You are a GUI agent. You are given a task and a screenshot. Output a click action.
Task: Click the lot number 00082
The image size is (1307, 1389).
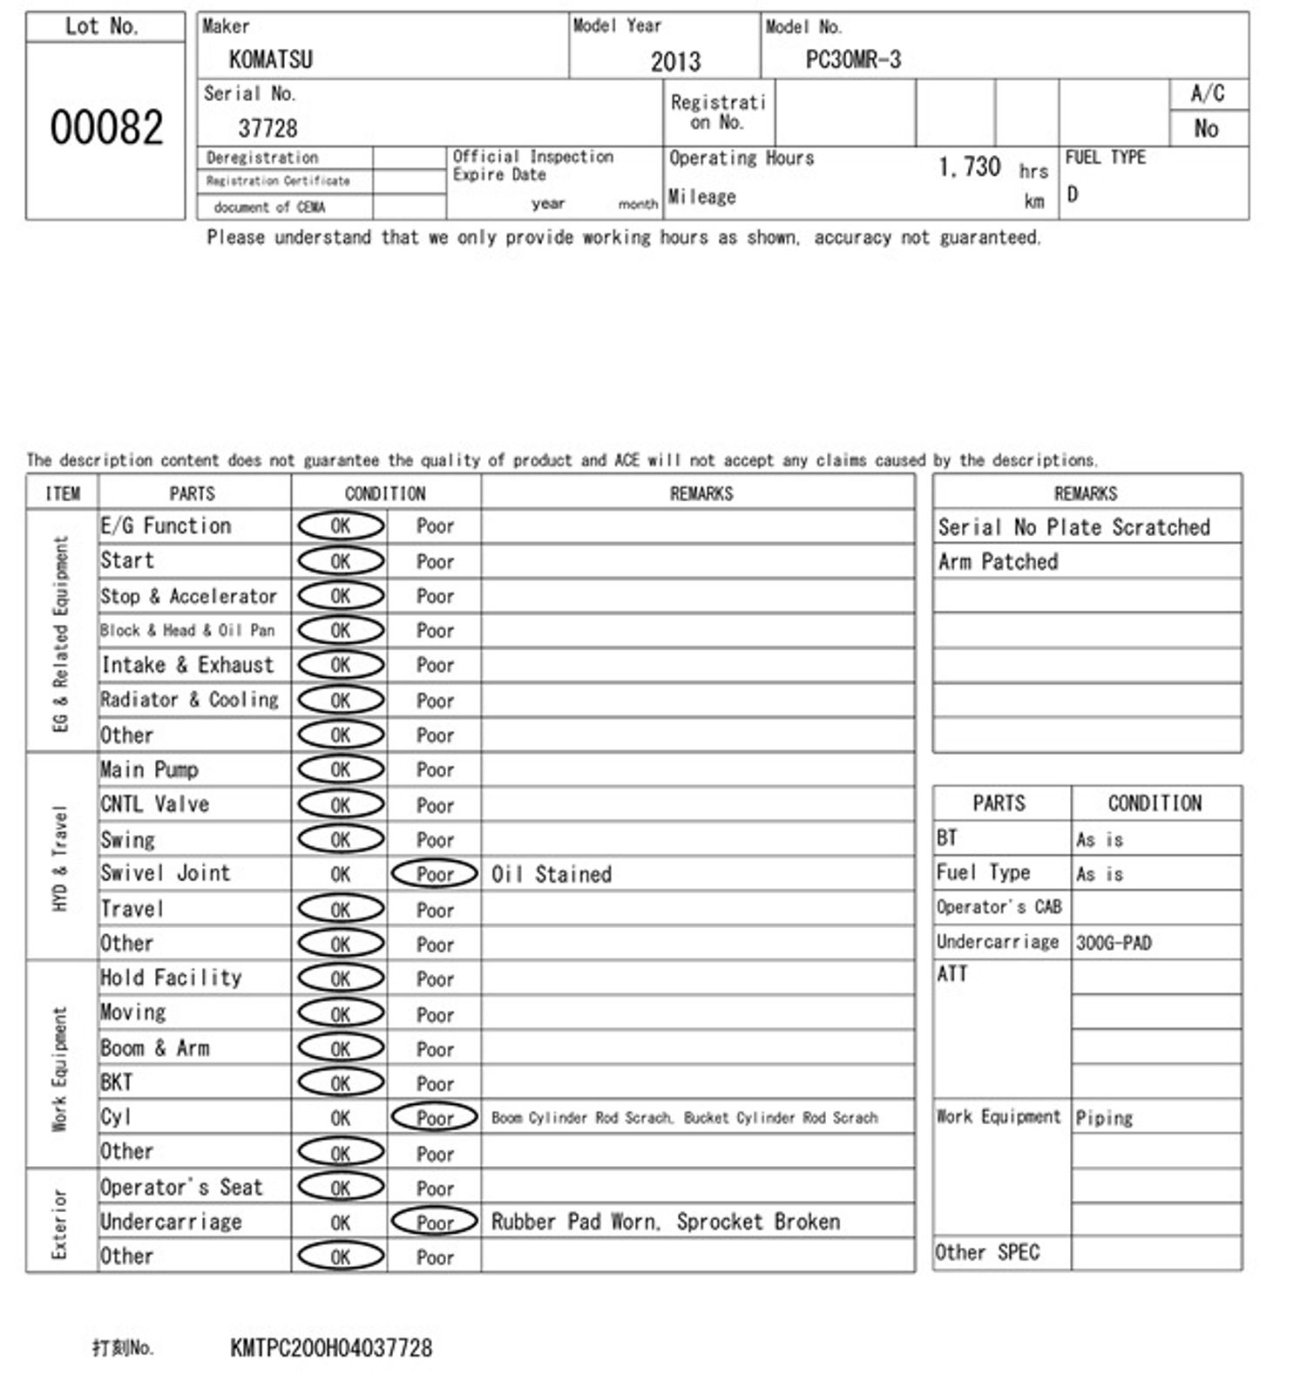click(x=106, y=127)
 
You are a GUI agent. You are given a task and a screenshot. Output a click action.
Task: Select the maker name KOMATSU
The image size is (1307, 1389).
click(x=270, y=59)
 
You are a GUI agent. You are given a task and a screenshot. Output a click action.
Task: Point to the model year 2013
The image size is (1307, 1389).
click(x=675, y=61)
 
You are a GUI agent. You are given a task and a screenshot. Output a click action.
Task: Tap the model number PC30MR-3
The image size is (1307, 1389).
click(x=853, y=59)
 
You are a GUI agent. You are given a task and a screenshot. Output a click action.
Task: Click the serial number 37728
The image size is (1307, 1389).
click(x=267, y=128)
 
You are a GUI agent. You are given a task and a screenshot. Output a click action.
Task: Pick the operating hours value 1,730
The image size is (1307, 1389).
click(x=969, y=166)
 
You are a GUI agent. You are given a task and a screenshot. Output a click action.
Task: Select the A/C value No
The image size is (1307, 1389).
click(x=1206, y=129)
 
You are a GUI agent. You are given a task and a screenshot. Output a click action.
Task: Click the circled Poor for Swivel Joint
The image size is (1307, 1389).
click(x=435, y=874)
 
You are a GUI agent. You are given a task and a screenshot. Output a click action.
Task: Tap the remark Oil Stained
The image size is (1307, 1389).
click(x=552, y=874)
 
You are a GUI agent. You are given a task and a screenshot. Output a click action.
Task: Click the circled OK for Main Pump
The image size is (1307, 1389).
click(x=341, y=769)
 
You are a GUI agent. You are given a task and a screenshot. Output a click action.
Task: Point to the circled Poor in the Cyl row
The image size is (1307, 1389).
click(x=435, y=1117)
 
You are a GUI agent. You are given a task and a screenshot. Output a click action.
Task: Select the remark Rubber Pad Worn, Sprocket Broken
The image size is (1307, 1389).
click(x=666, y=1222)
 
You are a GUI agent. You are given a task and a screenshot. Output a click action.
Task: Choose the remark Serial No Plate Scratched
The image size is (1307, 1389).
click(x=1073, y=527)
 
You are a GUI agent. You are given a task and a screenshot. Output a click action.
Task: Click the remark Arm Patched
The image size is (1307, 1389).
click(x=998, y=562)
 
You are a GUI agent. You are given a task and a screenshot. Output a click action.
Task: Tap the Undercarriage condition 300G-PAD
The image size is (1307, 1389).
click(x=1114, y=943)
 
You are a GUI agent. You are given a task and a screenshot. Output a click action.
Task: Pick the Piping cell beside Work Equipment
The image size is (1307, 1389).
click(x=1104, y=1117)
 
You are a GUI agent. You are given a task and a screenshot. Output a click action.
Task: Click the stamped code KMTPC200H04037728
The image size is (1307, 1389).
click(x=331, y=1348)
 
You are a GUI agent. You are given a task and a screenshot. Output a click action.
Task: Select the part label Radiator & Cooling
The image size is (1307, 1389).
click(x=189, y=700)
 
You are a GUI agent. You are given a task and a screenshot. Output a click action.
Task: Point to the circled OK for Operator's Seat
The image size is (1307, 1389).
click(x=341, y=1187)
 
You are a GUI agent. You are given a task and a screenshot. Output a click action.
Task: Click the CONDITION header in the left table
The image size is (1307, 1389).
click(x=385, y=493)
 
